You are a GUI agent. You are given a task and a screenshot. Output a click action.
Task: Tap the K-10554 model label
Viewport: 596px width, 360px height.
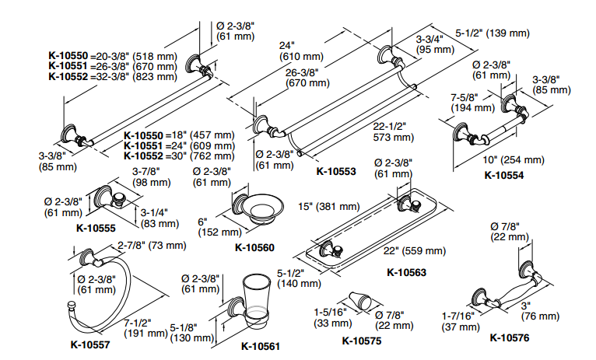(503, 174)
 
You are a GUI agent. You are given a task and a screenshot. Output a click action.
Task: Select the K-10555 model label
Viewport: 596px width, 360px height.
(96, 229)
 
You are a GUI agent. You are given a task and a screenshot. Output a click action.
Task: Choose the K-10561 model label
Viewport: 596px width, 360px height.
(260, 346)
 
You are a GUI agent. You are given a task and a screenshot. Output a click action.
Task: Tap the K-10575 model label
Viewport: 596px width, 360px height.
(363, 339)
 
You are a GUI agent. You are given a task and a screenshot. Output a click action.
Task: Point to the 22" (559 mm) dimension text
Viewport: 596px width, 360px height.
(415, 251)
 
